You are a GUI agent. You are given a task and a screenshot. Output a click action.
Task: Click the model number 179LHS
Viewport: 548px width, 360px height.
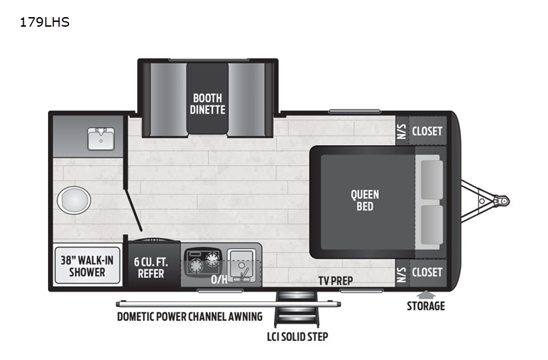click(45, 23)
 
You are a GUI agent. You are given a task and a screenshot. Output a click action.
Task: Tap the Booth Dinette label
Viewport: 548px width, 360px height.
click(208, 104)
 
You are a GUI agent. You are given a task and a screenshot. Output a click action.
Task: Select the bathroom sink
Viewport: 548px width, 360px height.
click(101, 139)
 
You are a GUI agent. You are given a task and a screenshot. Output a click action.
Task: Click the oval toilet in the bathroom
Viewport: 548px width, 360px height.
click(74, 200)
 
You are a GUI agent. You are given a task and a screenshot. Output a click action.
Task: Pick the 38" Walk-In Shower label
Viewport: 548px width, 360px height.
click(87, 266)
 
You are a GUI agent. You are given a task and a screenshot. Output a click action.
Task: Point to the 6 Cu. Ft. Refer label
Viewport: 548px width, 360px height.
click(151, 268)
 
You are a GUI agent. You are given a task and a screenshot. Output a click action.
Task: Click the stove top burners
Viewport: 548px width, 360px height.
click(203, 261)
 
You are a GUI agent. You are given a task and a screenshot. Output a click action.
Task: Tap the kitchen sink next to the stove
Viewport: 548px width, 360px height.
click(242, 266)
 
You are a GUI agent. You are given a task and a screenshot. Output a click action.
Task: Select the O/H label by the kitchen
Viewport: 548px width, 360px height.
click(219, 279)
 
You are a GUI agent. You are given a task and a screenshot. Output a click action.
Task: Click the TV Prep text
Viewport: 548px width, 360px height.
click(336, 281)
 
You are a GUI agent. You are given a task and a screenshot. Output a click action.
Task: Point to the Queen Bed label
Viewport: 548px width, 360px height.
click(365, 201)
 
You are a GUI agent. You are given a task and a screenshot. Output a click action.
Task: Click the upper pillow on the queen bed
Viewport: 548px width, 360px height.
click(432, 179)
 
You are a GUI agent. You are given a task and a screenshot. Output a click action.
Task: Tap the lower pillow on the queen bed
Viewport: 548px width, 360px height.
click(432, 224)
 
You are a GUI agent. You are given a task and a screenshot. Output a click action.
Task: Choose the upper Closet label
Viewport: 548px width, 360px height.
click(427, 131)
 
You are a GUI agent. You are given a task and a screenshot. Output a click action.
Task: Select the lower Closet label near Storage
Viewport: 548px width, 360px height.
click(427, 272)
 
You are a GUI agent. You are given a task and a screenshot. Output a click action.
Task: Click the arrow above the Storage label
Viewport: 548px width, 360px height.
click(425, 295)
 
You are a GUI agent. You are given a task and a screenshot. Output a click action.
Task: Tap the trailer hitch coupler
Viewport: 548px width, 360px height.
click(501, 201)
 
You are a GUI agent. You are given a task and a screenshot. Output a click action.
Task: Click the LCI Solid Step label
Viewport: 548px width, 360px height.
click(297, 337)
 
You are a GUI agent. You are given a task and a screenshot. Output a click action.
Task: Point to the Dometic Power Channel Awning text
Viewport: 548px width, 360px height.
click(190, 317)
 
